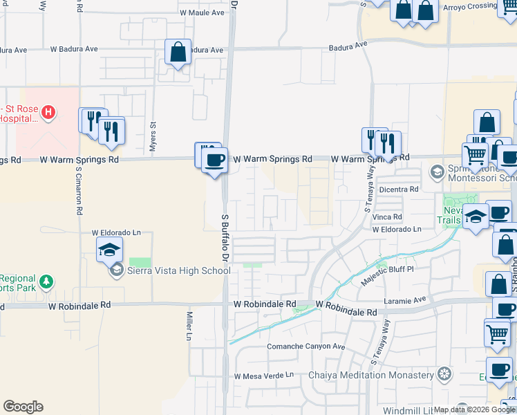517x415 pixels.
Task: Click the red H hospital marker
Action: pyautogui.click(x=48, y=111)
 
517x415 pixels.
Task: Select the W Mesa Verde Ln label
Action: pyautogui.click(x=263, y=376)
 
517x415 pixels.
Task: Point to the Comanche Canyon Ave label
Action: pyautogui.click(x=306, y=347)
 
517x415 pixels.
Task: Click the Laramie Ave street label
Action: pyautogui.click(x=404, y=300)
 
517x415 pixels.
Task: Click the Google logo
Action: pyautogui.click(x=23, y=407)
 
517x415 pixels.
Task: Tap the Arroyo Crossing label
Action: pyautogui.click(x=469, y=7)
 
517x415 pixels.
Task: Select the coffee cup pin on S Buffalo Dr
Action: pyautogui.click(x=214, y=160)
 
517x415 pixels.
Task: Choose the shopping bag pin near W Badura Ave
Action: pyautogui.click(x=178, y=52)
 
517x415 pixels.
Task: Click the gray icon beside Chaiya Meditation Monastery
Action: pyautogui.click(x=444, y=375)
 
